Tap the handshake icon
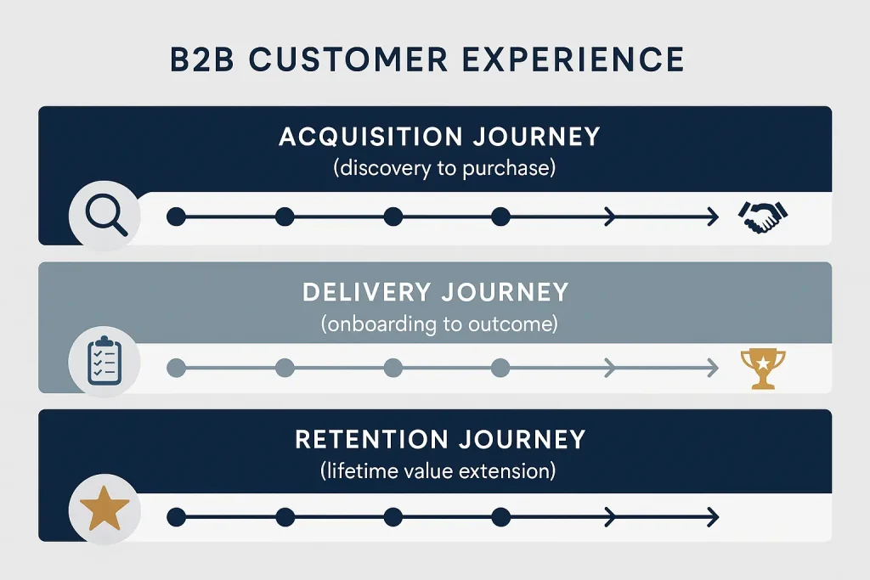point(764,217)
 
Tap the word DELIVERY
point(365,292)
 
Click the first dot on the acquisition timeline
point(176,217)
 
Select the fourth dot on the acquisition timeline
point(500,217)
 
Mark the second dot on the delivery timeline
point(285,368)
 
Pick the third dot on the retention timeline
point(393,516)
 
